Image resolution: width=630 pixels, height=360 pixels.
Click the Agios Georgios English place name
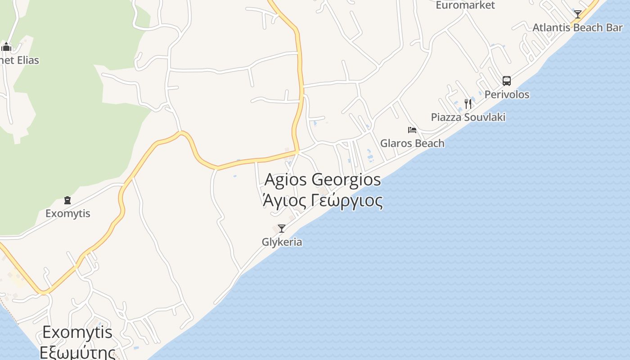(x=323, y=180)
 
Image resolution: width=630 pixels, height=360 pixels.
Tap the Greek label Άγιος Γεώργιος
(x=323, y=201)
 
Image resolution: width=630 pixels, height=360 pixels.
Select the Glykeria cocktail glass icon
(x=282, y=229)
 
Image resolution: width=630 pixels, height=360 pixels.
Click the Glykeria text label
(x=282, y=242)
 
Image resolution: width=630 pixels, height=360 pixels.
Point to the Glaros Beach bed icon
(x=412, y=130)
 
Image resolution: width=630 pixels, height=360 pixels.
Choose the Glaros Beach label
(x=412, y=144)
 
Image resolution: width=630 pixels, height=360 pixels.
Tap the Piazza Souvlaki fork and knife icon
(x=468, y=104)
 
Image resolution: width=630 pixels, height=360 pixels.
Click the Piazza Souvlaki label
(x=468, y=117)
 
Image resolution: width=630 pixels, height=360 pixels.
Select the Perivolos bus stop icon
(x=507, y=81)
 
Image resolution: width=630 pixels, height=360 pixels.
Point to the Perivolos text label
(x=507, y=95)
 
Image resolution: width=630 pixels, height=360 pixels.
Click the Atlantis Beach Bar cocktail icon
(x=578, y=14)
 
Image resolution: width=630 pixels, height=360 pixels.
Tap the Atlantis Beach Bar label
(x=578, y=27)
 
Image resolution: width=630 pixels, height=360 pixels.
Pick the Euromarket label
(x=465, y=5)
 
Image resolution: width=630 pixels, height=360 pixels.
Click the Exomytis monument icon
(x=67, y=200)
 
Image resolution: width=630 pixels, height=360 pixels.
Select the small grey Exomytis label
(x=67, y=214)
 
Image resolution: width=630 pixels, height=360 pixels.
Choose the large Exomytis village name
(x=77, y=333)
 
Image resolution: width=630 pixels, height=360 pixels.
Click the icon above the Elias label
(x=6, y=47)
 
